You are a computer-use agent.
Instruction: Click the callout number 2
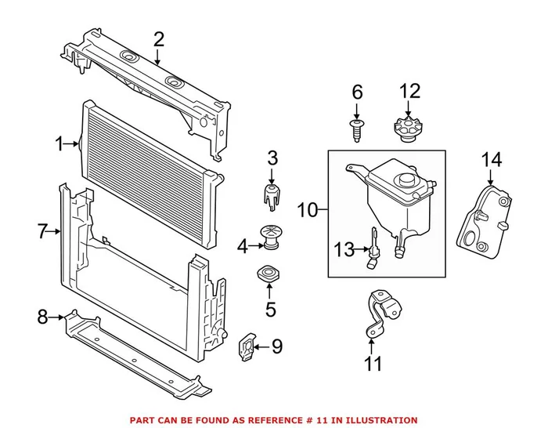click(x=159, y=38)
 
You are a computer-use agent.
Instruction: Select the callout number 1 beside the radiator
click(x=59, y=144)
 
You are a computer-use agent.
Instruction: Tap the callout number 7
click(x=43, y=231)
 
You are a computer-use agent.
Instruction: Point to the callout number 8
click(x=43, y=317)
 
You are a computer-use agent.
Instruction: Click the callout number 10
click(x=308, y=210)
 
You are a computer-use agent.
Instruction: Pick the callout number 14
click(x=491, y=160)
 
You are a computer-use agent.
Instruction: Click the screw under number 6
click(x=358, y=129)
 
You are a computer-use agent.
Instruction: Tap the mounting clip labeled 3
click(x=270, y=197)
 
